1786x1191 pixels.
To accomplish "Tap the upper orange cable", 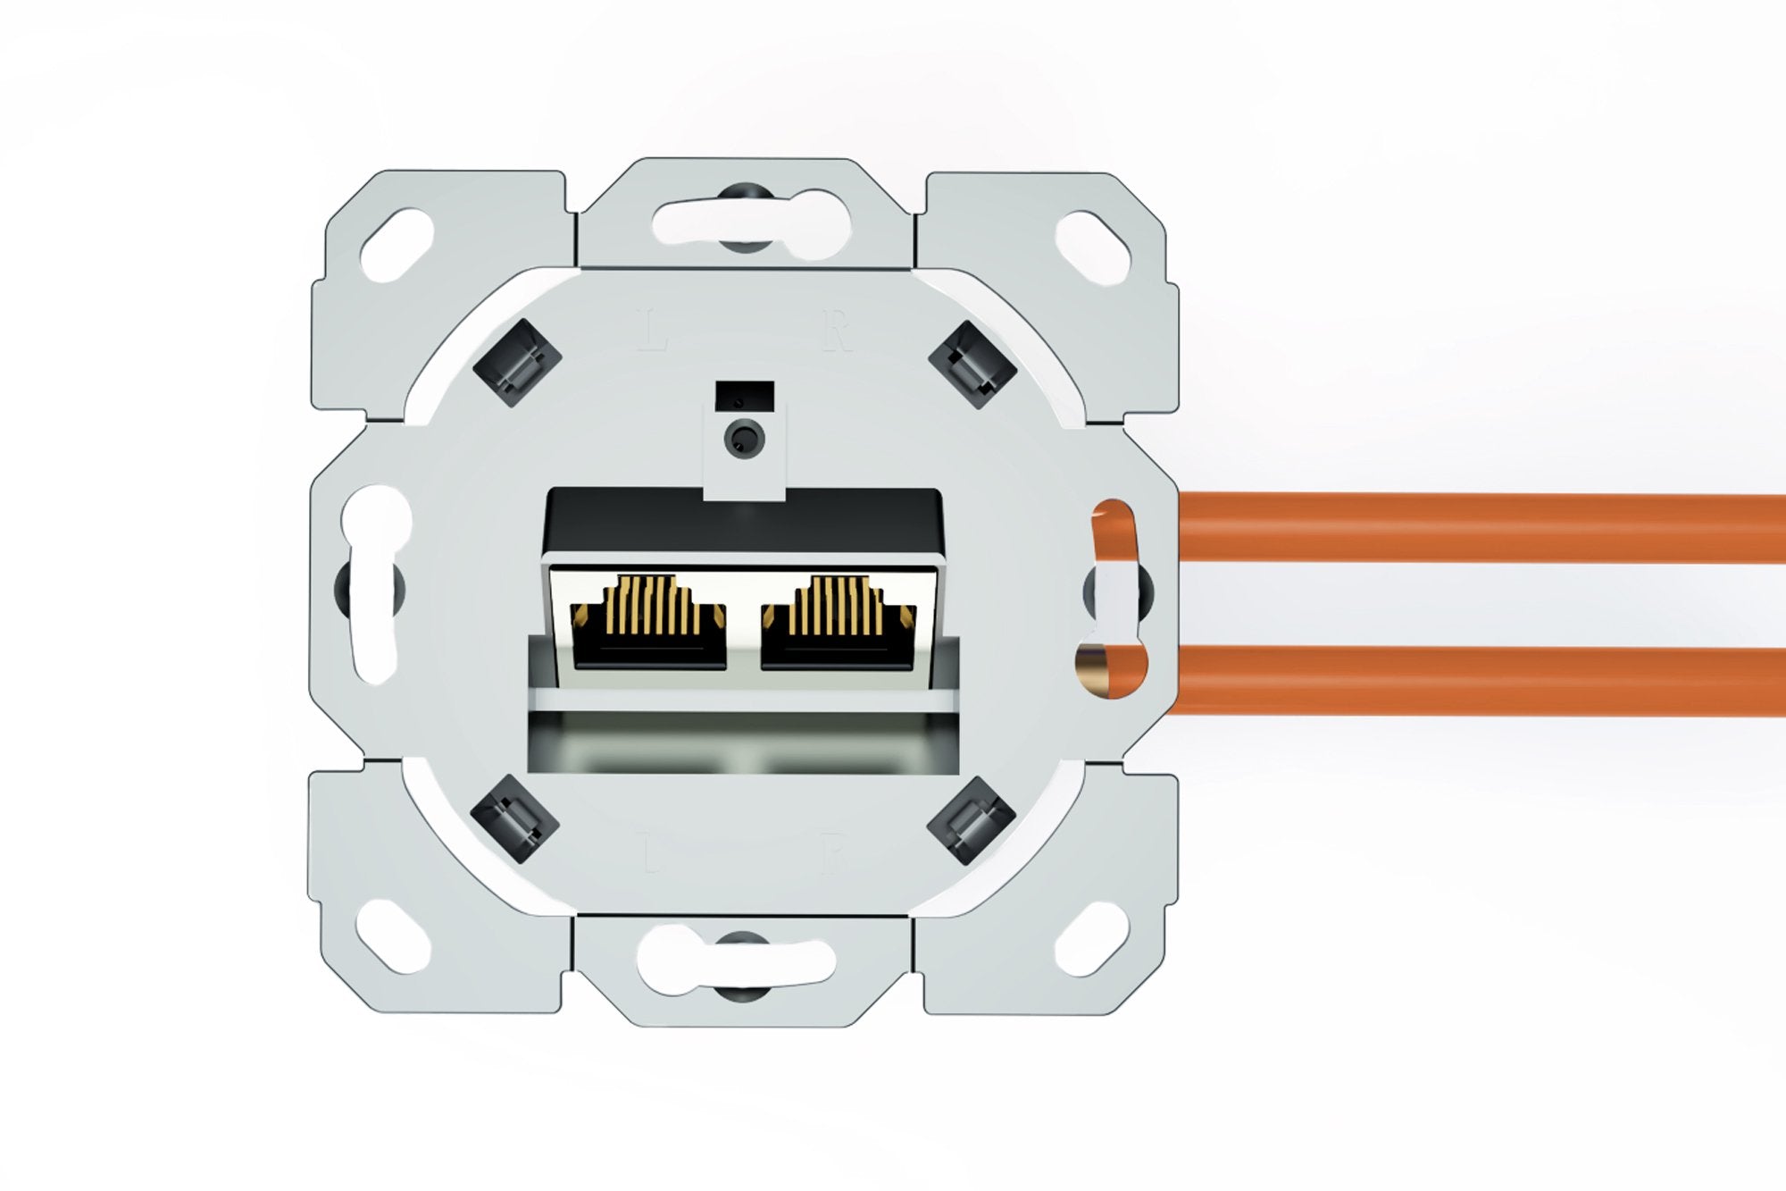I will (x=1473, y=527).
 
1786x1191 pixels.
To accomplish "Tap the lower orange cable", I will (x=1473, y=679).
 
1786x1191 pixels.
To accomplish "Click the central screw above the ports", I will (x=744, y=439).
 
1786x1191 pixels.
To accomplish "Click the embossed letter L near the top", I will (x=654, y=330).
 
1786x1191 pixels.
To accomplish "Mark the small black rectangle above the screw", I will (x=744, y=393).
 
